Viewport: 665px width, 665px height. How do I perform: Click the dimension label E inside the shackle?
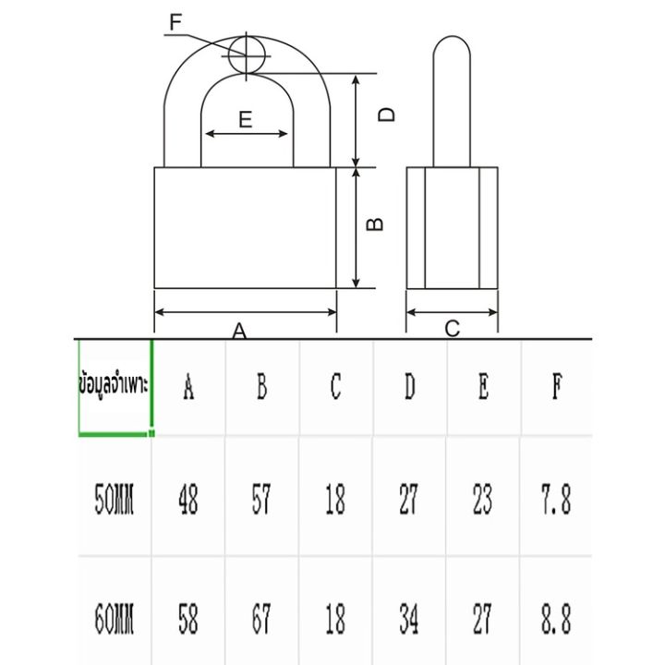click(245, 119)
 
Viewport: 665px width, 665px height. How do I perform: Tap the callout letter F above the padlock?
click(176, 21)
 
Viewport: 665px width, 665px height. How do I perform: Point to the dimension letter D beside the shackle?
click(389, 115)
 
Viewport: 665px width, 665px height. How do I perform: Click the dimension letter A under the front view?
click(240, 331)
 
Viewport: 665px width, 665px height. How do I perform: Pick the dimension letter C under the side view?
click(453, 328)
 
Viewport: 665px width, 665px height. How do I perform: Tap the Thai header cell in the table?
click(115, 387)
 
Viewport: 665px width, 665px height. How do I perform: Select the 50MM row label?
click(115, 502)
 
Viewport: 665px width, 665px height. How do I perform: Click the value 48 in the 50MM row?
click(188, 502)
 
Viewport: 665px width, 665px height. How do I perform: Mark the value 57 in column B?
click(261, 502)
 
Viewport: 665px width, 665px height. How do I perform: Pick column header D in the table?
click(409, 388)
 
